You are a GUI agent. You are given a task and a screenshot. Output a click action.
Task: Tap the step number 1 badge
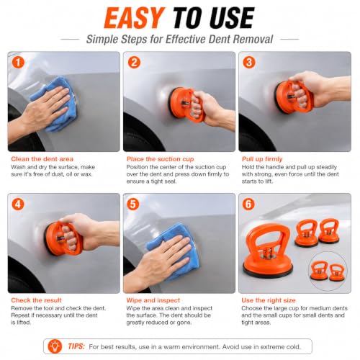(18, 63)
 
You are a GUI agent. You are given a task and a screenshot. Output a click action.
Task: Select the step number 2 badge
(134, 63)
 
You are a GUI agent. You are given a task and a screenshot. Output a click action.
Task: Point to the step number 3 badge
(249, 63)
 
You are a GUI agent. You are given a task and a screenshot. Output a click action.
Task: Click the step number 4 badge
(18, 204)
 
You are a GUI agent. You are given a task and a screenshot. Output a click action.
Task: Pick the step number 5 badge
(133, 204)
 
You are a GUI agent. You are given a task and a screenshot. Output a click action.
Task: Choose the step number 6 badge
(248, 204)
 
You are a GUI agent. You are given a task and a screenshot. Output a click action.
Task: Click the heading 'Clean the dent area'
(42, 159)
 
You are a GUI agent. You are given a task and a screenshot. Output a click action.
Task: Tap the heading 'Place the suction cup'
(160, 159)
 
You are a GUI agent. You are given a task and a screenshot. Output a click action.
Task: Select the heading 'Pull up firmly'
(262, 159)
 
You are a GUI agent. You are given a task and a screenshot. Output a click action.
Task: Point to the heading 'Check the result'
(36, 300)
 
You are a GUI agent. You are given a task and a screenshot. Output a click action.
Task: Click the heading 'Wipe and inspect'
(153, 300)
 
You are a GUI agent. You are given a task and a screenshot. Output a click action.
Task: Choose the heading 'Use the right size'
(269, 300)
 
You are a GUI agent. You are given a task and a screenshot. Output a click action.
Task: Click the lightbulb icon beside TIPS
(55, 346)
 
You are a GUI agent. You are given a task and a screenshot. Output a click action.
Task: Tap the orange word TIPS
(76, 346)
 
